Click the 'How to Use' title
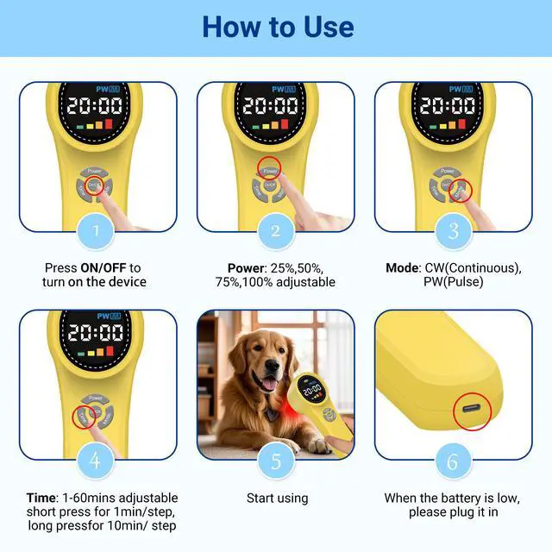[277, 27]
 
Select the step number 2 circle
[276, 229]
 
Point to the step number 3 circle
[453, 229]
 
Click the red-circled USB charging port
[471, 411]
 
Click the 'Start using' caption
[276, 498]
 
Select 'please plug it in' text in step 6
[453, 512]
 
